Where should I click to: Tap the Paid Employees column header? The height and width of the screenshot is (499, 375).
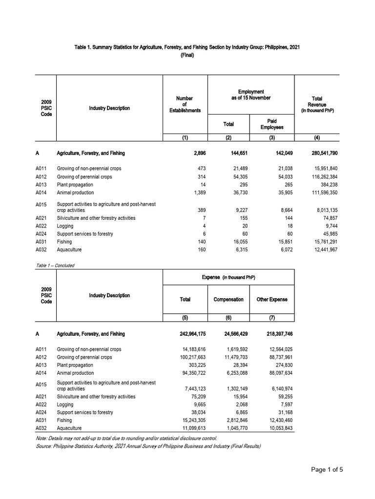(x=272, y=124)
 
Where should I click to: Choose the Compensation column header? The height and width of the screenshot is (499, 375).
(x=229, y=299)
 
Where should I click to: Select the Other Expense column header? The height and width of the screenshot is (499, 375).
(x=272, y=299)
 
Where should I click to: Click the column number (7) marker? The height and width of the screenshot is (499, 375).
(x=272, y=319)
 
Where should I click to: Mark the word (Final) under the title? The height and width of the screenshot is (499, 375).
(x=187, y=55)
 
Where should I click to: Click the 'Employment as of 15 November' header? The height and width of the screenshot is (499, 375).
(x=250, y=95)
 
